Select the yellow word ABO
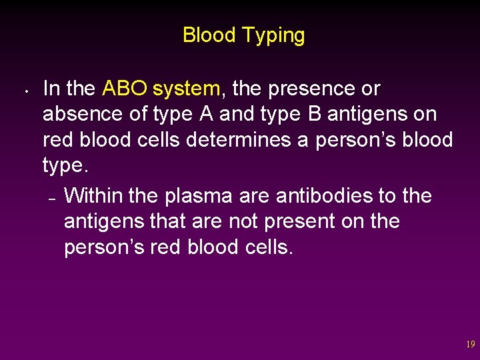tap(125, 88)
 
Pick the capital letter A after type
tap(206, 114)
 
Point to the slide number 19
tap(470, 345)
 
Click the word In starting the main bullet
tap(51, 88)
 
